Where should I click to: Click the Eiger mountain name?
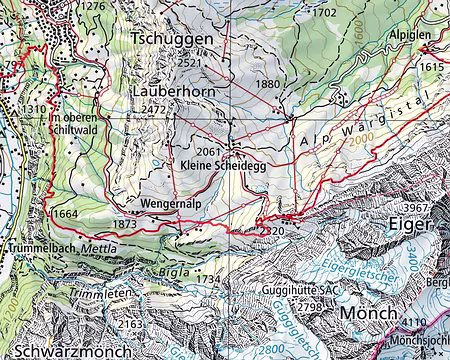click(414, 227)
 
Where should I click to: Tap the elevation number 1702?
click(324, 13)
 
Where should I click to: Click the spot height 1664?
click(65, 214)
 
